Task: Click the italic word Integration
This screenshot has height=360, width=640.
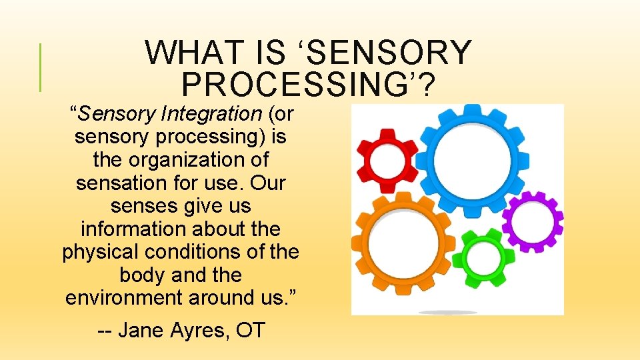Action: coord(211,114)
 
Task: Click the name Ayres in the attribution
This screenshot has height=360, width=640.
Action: coord(200,330)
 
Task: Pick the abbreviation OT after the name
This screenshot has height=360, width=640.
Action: coord(250,330)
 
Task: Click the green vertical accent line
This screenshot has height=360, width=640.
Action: coord(41,67)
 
